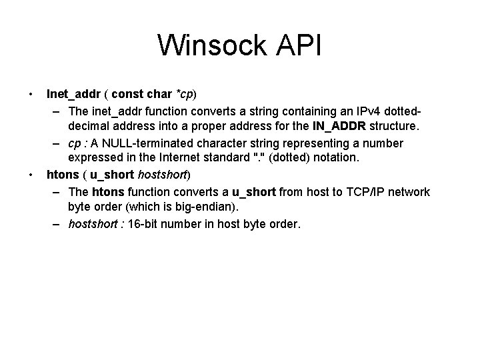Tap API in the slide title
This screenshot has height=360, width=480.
point(297,46)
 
